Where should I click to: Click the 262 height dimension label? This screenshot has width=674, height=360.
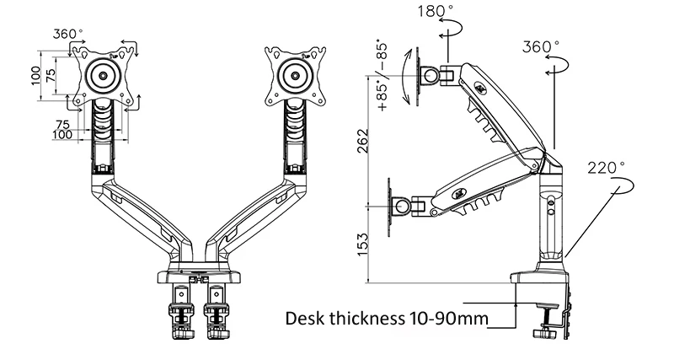click(x=363, y=140)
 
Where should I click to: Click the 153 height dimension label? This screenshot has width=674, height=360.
click(x=363, y=244)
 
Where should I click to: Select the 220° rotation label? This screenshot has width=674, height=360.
click(x=607, y=168)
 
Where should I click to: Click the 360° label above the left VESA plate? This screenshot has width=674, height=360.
click(x=68, y=34)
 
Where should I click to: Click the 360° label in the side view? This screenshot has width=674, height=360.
click(x=541, y=46)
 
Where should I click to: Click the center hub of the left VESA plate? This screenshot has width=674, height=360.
click(x=103, y=75)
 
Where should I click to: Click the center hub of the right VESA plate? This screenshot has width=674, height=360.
click(x=296, y=75)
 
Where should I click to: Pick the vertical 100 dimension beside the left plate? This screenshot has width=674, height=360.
click(x=36, y=76)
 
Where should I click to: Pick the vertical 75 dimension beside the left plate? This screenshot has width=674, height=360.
click(x=51, y=76)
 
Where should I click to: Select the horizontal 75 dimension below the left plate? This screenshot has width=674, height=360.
click(x=62, y=125)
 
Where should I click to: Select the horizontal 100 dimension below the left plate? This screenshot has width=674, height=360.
click(x=62, y=135)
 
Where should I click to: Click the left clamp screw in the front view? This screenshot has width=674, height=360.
click(x=181, y=320)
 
